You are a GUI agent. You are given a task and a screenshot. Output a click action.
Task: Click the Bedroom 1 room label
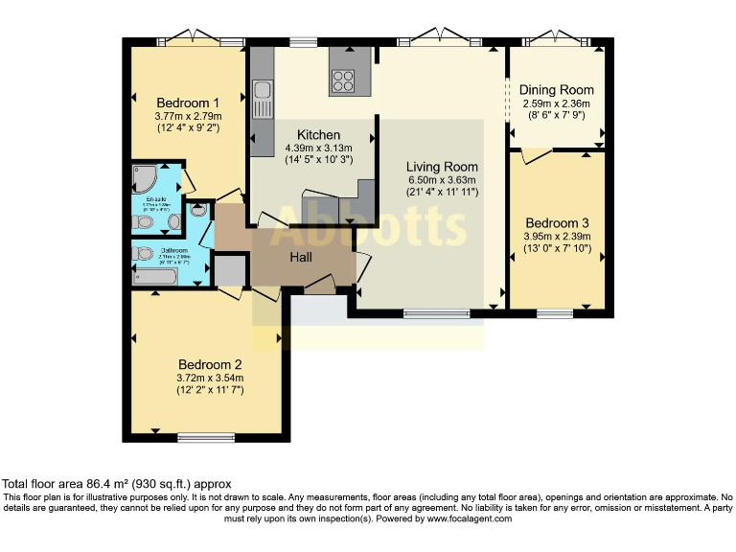point(189,103)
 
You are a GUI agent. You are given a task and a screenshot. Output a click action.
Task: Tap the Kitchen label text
point(318,135)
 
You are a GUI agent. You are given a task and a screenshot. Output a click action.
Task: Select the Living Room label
point(441,167)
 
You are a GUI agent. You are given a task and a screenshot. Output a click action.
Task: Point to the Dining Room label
point(557,90)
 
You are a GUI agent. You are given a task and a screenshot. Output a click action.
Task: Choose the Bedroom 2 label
point(211,364)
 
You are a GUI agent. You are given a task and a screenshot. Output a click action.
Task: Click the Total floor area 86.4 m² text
point(116,485)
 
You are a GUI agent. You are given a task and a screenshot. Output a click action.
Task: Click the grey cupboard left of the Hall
point(230,271)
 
